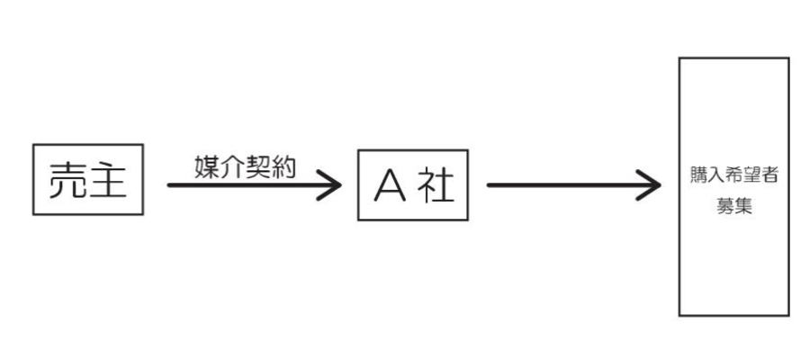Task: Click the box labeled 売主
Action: pos(87,178)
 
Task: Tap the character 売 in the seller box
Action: pos(68,179)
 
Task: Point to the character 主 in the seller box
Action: pos(107,179)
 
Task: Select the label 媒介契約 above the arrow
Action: pos(244,166)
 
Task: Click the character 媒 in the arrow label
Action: pos(206,166)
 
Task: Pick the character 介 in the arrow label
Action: pos(231,166)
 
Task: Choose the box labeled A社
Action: pos(413,184)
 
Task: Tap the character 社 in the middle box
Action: pos(436,186)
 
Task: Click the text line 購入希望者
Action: pos(733,176)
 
